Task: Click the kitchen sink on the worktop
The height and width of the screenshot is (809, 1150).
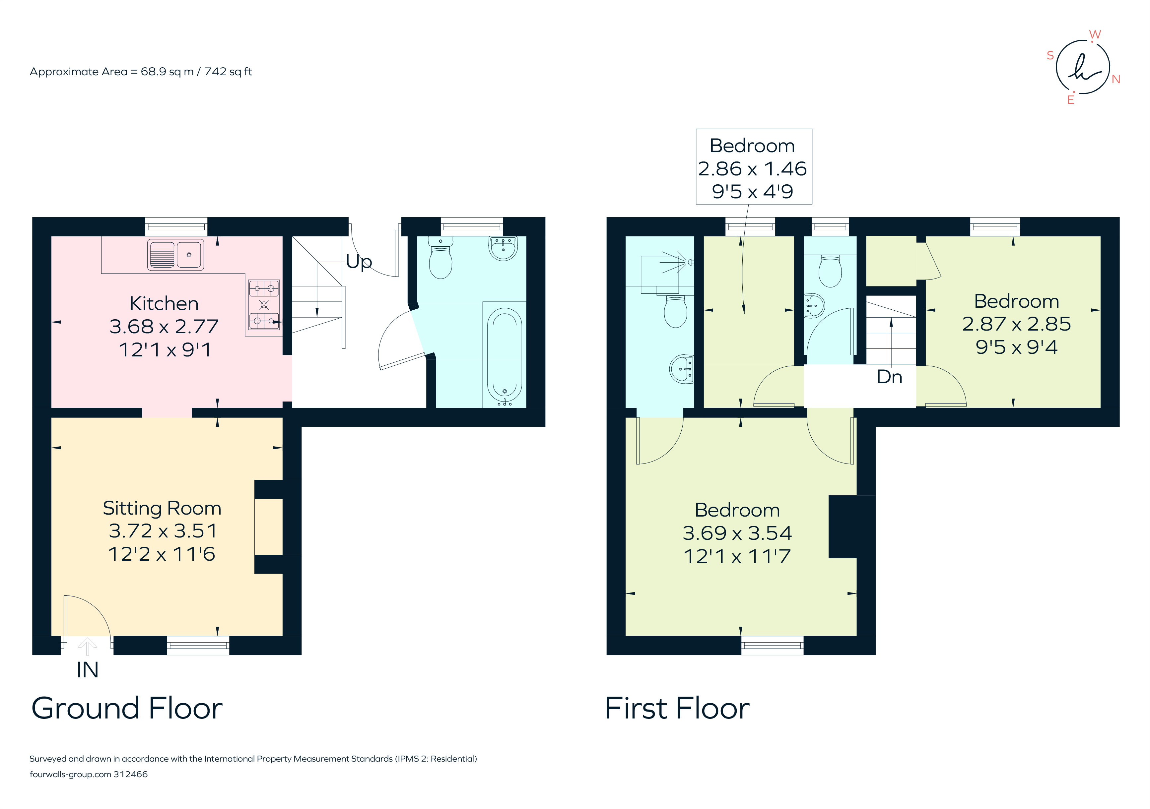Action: click(x=175, y=255)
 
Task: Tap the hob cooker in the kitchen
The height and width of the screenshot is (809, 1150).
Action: click(x=264, y=304)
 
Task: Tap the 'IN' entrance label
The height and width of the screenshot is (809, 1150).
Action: click(x=87, y=670)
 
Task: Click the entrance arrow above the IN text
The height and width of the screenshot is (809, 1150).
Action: click(x=88, y=646)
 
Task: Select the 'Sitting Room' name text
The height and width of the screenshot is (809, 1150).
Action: click(x=162, y=508)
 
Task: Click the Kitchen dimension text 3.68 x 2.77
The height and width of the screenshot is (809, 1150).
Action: click(x=164, y=326)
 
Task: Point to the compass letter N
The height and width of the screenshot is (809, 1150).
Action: click(x=1116, y=79)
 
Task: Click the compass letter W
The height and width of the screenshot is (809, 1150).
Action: click(x=1095, y=34)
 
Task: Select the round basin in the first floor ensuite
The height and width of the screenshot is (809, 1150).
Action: click(x=682, y=369)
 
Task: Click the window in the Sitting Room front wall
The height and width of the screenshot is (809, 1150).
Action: click(x=198, y=645)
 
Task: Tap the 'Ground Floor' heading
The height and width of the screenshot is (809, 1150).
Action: click(x=127, y=709)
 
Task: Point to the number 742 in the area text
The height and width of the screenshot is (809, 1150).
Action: click(x=215, y=72)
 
